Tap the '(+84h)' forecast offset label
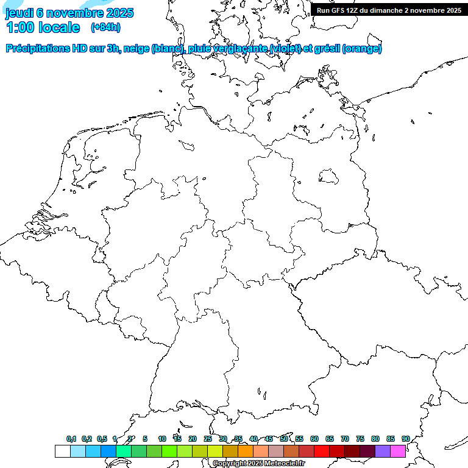coord(105,27)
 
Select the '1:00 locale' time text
coord(43,27)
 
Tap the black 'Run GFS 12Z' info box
coord(389,10)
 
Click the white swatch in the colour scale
coord(62,452)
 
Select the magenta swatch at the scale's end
coord(398,452)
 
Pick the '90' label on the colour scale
coord(405,439)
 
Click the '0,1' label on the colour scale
coord(71,439)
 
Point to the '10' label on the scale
coord(161,439)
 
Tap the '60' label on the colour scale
coord(314,439)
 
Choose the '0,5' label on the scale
coord(102,439)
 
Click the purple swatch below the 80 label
coord(383,452)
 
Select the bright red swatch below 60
coord(322,452)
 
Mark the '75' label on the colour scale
coord(360,439)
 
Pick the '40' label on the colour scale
coord(253,439)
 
